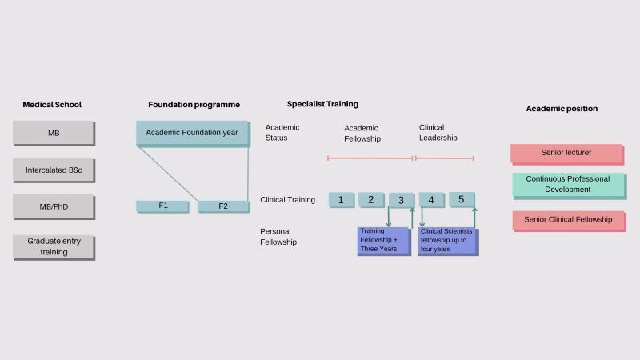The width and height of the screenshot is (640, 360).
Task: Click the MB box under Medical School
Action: (54, 133)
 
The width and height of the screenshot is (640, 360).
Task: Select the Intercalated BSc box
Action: (54, 170)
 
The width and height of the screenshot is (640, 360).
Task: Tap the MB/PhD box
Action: (54, 206)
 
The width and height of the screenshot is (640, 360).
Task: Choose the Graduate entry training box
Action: (54, 246)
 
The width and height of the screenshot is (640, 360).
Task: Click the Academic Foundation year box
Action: (192, 133)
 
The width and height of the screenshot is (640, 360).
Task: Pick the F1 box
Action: (162, 206)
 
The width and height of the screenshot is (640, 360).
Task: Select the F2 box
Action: (223, 206)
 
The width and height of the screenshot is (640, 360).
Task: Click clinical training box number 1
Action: (341, 200)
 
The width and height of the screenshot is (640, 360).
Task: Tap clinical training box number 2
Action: (371, 200)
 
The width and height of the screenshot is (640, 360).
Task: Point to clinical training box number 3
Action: (402, 200)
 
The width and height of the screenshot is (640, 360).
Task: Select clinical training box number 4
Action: (431, 200)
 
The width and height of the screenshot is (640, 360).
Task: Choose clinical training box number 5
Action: (462, 200)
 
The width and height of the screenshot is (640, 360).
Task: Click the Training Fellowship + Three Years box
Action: (383, 241)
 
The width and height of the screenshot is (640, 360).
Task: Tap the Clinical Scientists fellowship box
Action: (448, 241)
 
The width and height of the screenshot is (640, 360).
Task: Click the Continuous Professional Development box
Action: (568, 185)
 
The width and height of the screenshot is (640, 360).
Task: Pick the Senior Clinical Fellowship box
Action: (568, 220)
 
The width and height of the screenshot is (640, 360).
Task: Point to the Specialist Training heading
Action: (322, 104)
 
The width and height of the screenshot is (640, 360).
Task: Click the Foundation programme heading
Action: (194, 105)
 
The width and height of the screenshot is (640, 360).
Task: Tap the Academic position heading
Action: (562, 109)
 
